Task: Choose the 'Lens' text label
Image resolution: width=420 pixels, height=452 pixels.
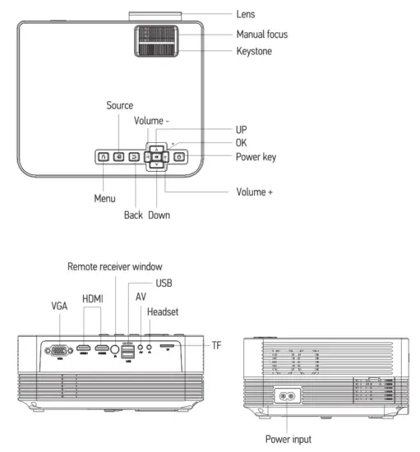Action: [246, 13]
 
